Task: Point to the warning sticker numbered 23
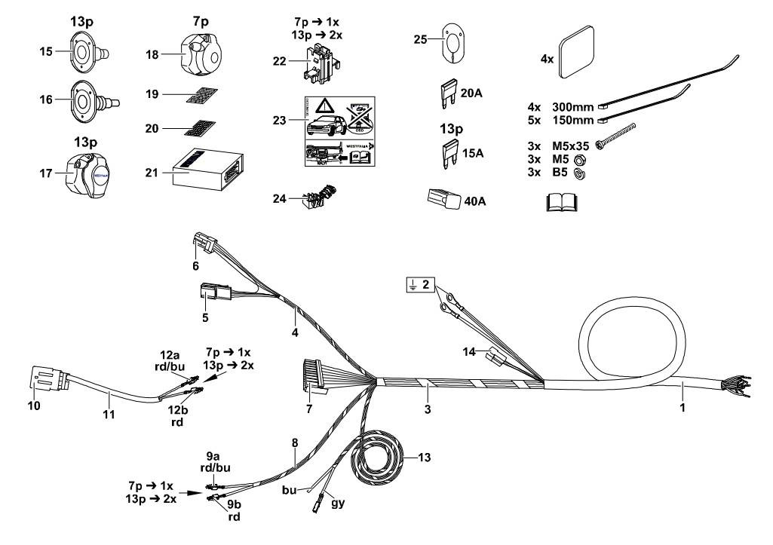[x=339, y=132]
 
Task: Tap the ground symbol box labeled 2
[x=421, y=285]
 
